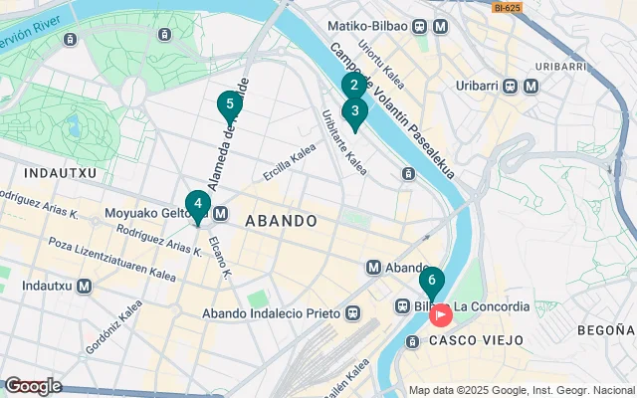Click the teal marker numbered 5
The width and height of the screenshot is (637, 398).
[230, 104]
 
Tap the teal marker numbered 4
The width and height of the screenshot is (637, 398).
[197, 205]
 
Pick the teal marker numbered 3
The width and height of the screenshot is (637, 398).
[354, 112]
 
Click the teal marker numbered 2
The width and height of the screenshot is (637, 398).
[350, 87]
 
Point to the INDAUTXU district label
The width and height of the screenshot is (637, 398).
[34, 172]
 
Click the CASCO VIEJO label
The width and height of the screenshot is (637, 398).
[476, 340]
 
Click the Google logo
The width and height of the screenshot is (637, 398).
[33, 386]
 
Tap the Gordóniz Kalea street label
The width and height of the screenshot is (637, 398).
[107, 327]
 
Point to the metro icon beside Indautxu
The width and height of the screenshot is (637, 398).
[85, 286]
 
